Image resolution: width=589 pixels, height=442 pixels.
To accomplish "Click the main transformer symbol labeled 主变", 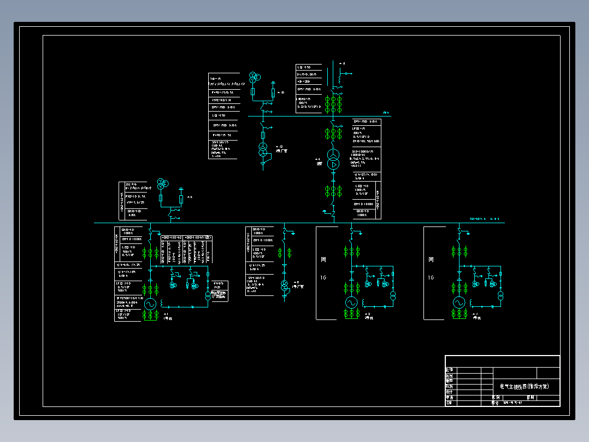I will pyautogui.click(x=333, y=159).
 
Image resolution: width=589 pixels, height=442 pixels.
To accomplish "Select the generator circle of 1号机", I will pyautogui.click(x=150, y=304).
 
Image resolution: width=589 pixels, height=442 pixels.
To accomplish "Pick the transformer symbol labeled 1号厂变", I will pyautogui.click(x=284, y=286).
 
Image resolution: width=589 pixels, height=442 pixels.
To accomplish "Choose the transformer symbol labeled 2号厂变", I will pyautogui.click(x=263, y=149).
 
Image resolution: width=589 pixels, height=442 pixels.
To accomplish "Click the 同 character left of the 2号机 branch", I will pyautogui.click(x=323, y=259).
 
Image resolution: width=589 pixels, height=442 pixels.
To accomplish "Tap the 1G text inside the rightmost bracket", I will pyautogui.click(x=431, y=277).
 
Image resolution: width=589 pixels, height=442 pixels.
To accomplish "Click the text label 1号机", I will pyautogui.click(x=168, y=318).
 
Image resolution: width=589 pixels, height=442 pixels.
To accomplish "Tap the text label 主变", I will pyautogui.click(x=319, y=163).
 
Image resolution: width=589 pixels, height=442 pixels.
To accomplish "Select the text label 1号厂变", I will pyautogui.click(x=298, y=286).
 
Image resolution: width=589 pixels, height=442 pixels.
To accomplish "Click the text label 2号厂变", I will pyautogui.click(x=281, y=150).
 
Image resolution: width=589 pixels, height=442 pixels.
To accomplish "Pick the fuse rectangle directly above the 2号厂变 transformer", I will pyautogui.click(x=263, y=135).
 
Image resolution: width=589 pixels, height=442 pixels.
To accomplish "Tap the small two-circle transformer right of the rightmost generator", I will pyautogui.click(x=500, y=295).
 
